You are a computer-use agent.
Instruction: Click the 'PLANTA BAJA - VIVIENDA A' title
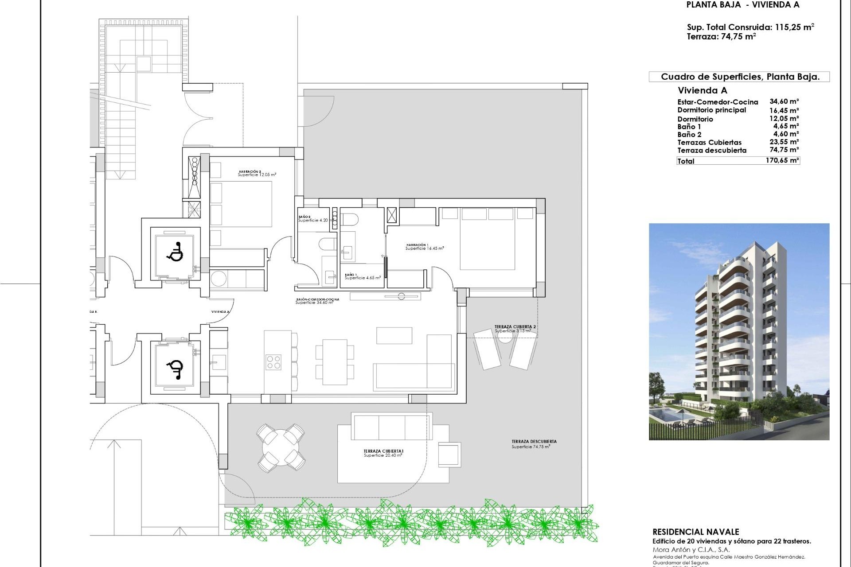[743, 5]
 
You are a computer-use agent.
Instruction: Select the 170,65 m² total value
[782, 160]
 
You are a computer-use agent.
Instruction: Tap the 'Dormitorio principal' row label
[711, 110]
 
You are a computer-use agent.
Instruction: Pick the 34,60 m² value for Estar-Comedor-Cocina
[784, 102]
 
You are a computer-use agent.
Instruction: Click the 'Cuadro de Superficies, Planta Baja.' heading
[740, 77]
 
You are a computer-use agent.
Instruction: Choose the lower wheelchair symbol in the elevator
[175, 369]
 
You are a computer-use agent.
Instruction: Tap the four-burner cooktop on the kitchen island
[273, 362]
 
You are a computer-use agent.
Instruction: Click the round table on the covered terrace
[280, 448]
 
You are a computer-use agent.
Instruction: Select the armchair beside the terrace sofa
[449, 454]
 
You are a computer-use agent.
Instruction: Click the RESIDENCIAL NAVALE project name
[695, 532]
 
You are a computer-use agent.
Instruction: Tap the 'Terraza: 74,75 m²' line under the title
[721, 37]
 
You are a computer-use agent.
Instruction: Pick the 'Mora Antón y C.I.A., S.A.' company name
[691, 550]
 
